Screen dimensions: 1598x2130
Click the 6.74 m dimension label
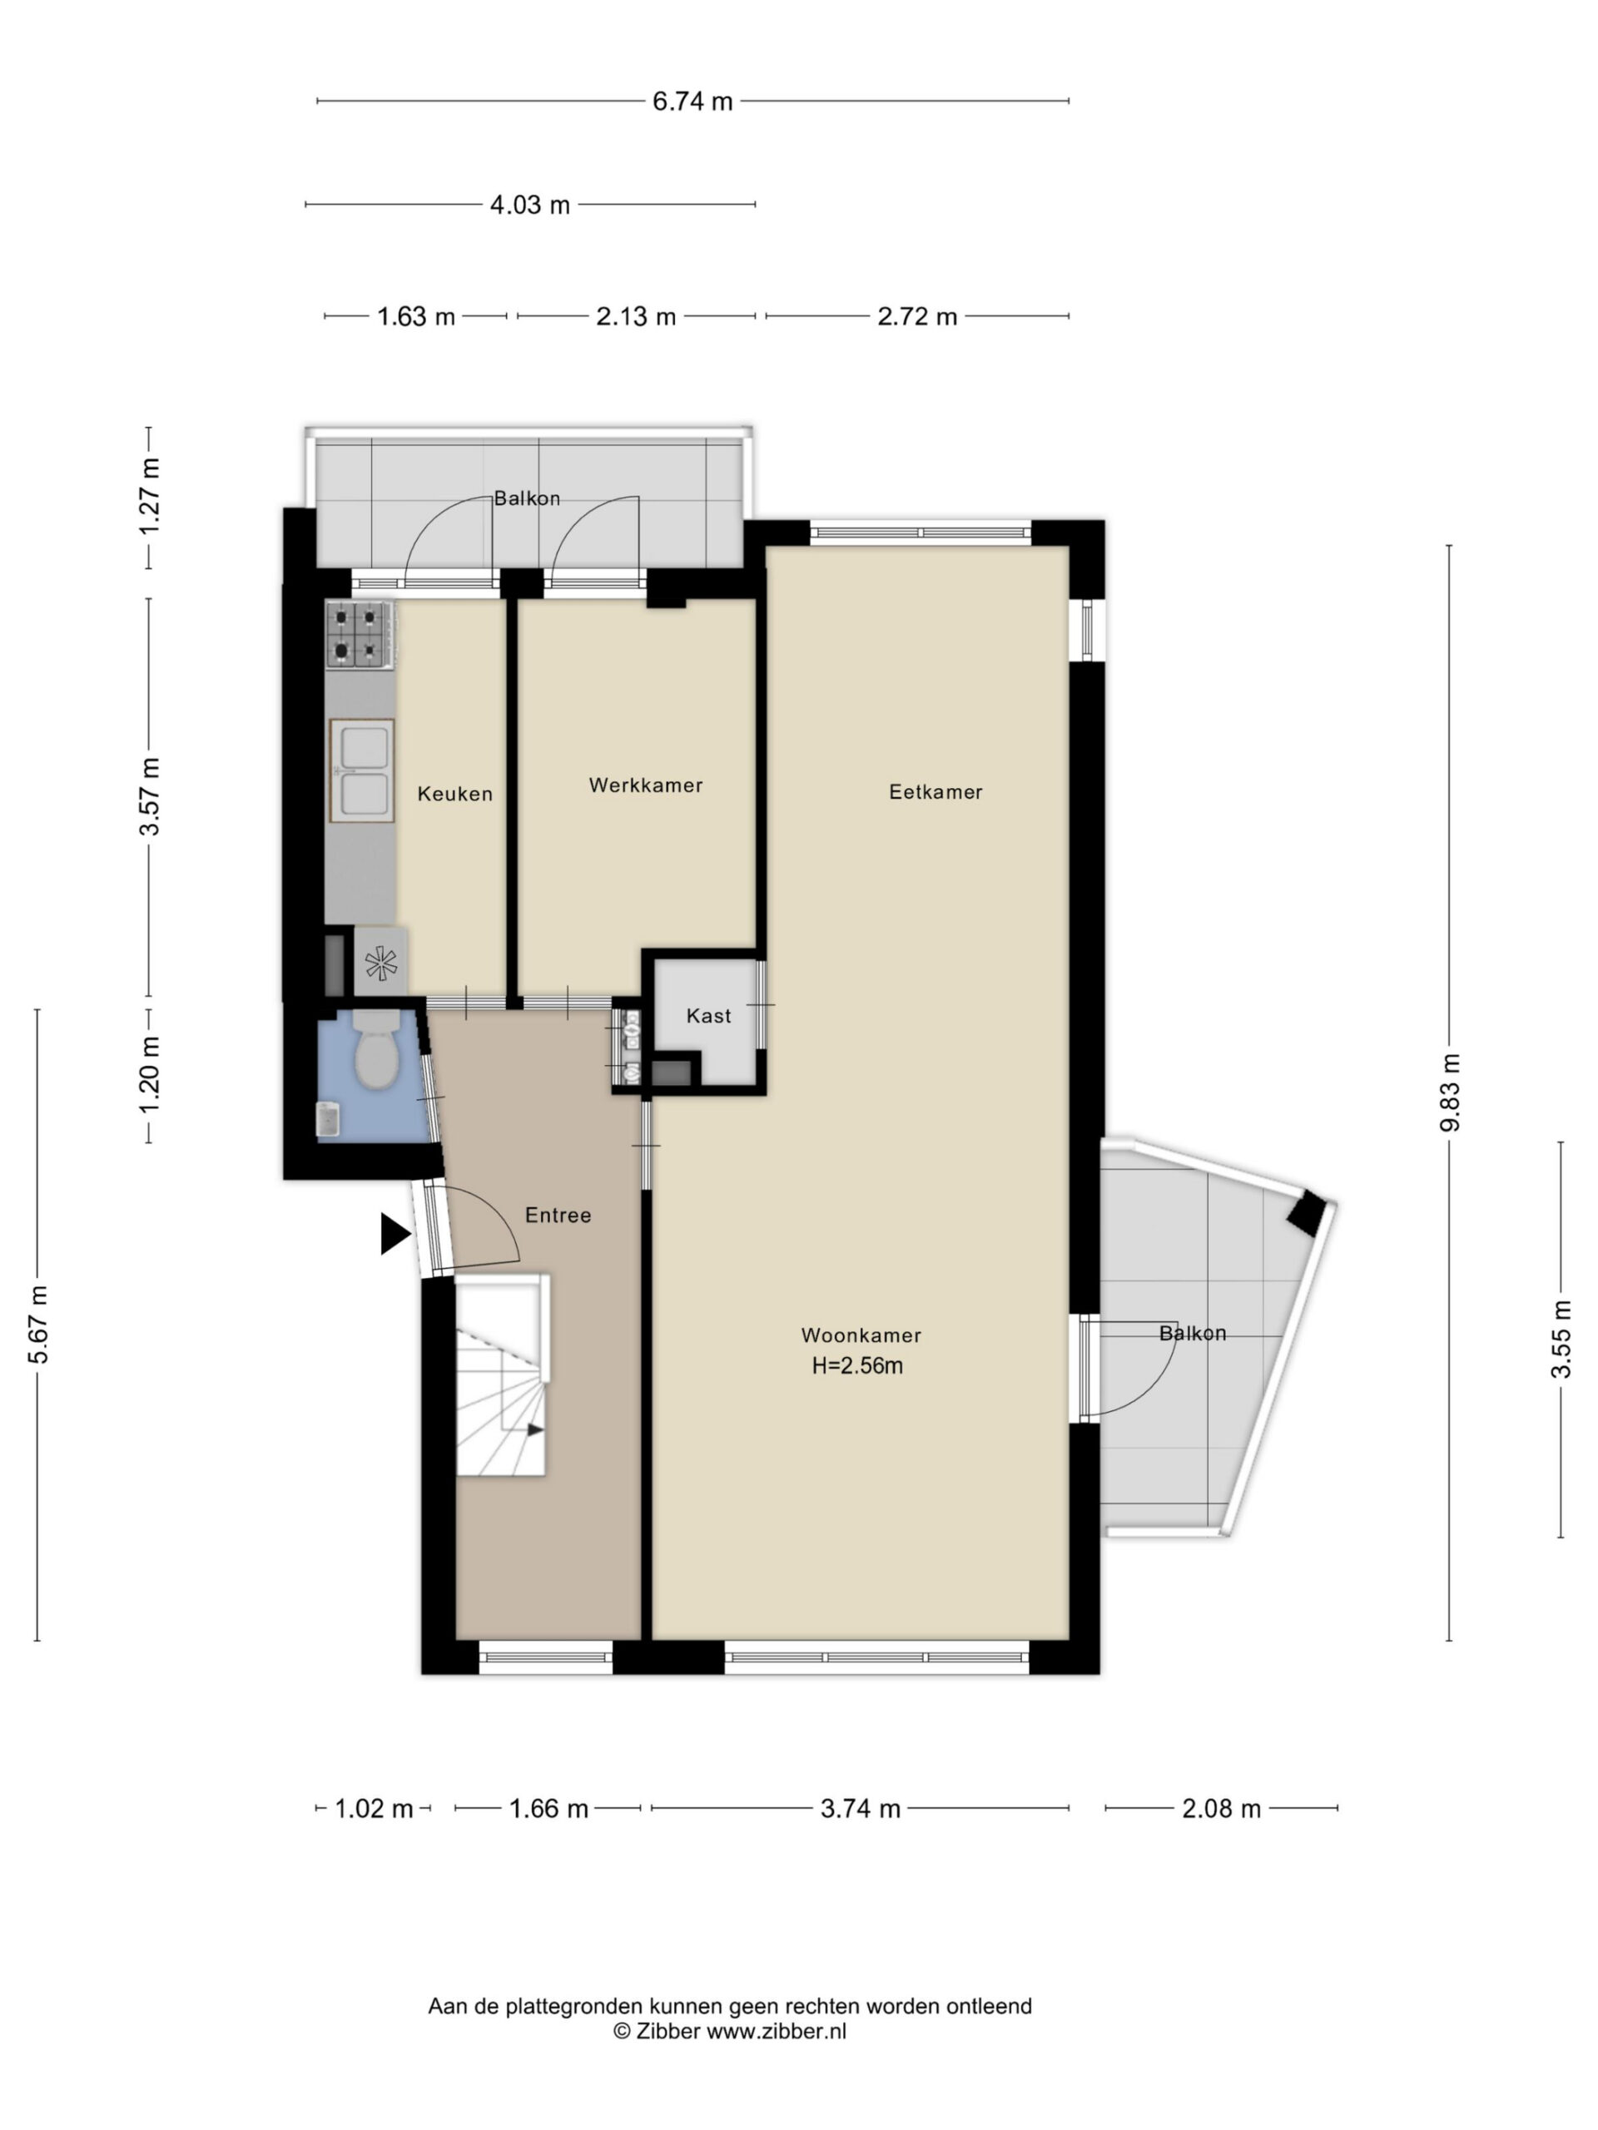click(692, 102)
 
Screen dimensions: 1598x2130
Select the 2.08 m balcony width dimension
click(1220, 1808)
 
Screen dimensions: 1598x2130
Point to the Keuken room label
click(454, 794)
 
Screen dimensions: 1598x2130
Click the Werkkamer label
click(645, 785)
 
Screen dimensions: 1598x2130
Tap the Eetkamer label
click(935, 791)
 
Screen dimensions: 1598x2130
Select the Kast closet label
click(708, 1015)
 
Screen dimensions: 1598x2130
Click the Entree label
click(558, 1216)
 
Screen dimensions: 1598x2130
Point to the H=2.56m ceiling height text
click(857, 1365)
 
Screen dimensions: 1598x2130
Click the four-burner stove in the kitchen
click(360, 634)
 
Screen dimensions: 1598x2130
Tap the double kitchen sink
click(361, 770)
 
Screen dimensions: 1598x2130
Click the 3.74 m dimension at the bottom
click(860, 1808)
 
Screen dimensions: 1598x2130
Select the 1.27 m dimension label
click(149, 497)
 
